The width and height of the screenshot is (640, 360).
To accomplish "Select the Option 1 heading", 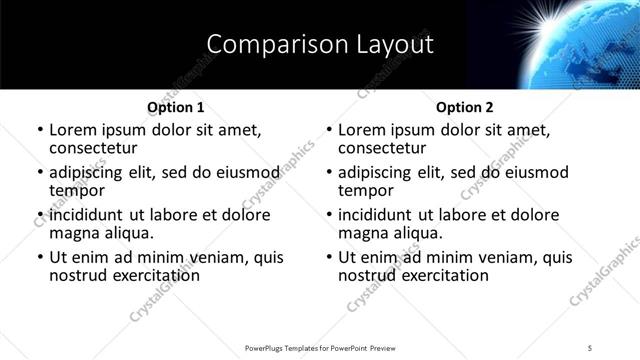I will (176, 107).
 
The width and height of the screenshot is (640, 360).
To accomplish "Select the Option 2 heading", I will (465, 107).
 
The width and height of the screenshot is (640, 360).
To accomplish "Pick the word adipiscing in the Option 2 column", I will (381, 172).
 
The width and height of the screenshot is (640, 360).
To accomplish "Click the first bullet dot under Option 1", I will (41, 131).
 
